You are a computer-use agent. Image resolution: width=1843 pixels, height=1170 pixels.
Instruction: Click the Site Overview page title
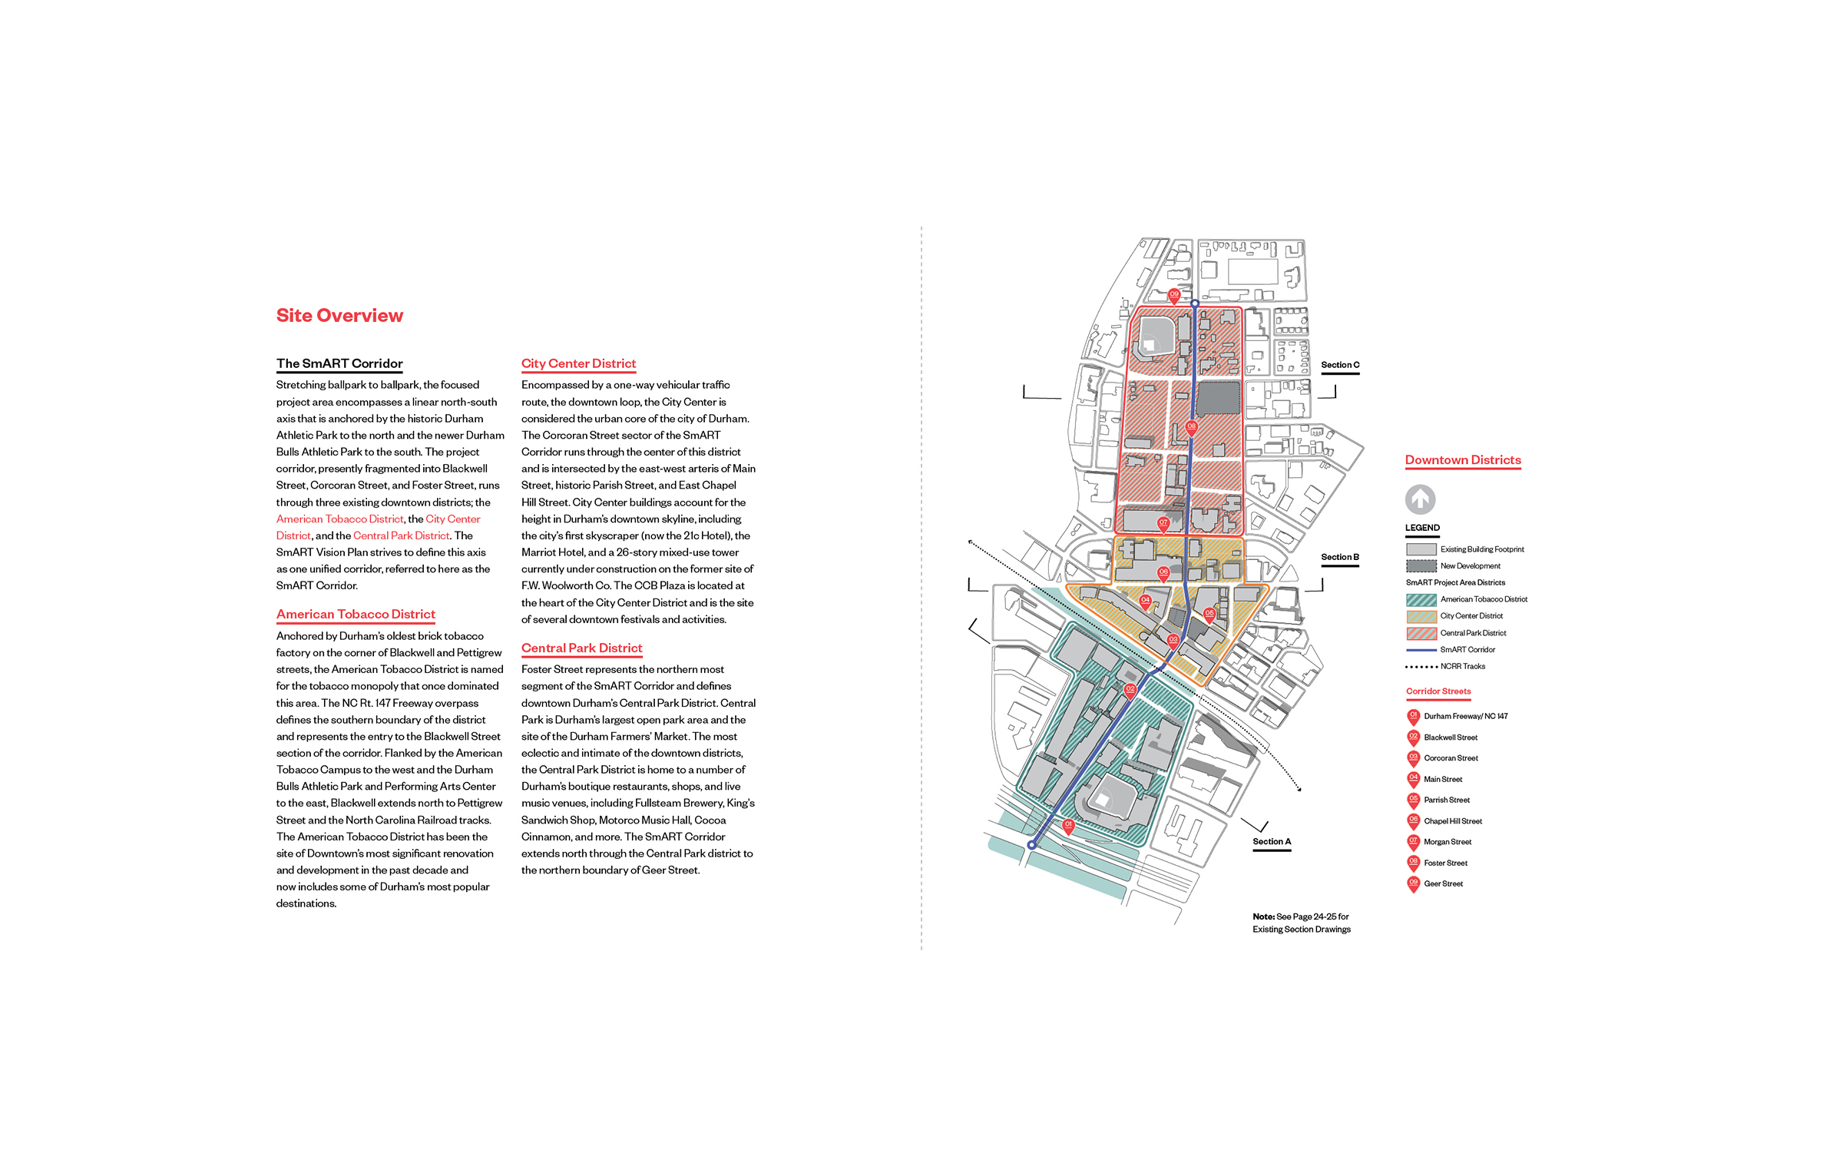[339, 316]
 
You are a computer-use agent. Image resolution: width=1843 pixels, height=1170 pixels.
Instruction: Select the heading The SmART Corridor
[339, 363]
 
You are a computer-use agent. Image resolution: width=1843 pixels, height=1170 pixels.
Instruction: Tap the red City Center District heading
[578, 363]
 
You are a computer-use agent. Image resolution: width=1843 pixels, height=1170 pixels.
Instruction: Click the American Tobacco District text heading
[356, 615]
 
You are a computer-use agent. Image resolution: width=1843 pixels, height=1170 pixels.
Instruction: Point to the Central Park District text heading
[581, 648]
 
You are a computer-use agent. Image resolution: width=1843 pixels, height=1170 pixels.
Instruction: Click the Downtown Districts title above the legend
[1462, 460]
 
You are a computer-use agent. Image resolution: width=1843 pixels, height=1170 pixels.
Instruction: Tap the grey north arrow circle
[1420, 499]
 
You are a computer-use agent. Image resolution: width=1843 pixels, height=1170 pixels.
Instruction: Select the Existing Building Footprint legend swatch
[1421, 549]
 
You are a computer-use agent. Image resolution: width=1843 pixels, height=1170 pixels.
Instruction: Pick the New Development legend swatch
[1421, 566]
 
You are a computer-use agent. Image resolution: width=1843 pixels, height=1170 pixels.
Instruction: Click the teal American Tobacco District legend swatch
[1421, 600]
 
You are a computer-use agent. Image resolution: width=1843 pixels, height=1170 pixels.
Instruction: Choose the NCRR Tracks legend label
[1462, 667]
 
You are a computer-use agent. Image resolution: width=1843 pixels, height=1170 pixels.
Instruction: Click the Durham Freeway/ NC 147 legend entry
[1465, 716]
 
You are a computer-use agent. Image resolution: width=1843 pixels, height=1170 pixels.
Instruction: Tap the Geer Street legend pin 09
[1413, 883]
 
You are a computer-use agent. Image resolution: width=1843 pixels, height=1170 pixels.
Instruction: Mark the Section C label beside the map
[1339, 365]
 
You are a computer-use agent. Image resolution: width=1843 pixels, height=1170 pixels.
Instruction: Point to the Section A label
[1271, 842]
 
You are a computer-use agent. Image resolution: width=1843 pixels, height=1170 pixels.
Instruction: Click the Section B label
[1339, 557]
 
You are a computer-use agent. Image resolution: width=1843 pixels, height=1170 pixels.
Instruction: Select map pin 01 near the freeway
[1067, 825]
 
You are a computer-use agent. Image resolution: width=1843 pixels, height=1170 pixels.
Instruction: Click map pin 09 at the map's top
[1173, 295]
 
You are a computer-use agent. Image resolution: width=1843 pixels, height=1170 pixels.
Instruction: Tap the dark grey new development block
[1219, 399]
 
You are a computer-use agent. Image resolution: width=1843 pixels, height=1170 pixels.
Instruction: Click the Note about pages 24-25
[1301, 923]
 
